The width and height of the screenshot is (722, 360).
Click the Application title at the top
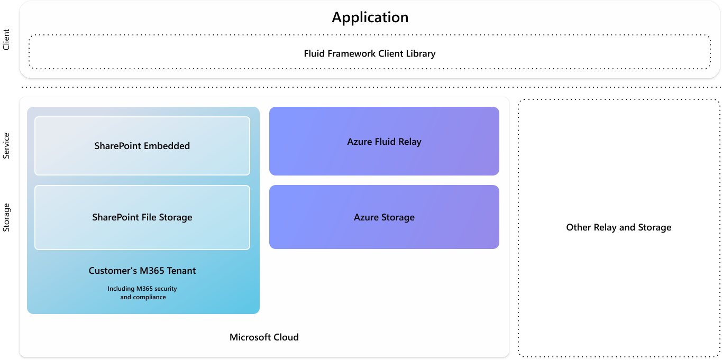[x=370, y=17]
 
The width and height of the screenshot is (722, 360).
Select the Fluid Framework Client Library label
[x=369, y=53]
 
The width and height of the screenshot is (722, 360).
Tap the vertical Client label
[x=6, y=40]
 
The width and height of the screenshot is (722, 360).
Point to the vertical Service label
[x=6, y=146]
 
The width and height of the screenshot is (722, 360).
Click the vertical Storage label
[x=6, y=217]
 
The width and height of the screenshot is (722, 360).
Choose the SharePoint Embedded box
[x=142, y=146]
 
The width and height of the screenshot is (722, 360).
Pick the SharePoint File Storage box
[x=142, y=217]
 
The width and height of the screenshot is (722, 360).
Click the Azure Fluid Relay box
[x=384, y=142]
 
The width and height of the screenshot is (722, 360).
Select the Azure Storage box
[x=384, y=217]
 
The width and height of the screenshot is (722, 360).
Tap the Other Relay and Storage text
[x=618, y=227]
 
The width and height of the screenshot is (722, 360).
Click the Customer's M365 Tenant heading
[x=142, y=271]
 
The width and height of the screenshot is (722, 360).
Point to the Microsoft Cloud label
[x=264, y=337]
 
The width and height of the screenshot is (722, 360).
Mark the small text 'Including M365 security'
[x=142, y=289]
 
